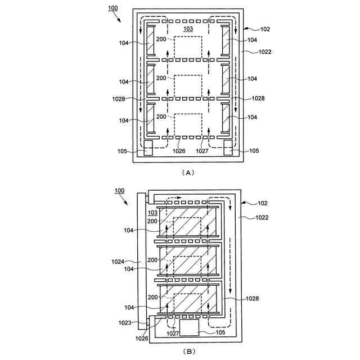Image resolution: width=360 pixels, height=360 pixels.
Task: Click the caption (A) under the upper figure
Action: tap(188, 173)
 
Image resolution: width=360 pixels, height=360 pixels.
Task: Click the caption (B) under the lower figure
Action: tap(188, 352)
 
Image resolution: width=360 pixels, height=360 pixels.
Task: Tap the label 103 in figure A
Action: tap(188, 28)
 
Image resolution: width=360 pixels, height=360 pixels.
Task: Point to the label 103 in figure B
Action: tap(152, 213)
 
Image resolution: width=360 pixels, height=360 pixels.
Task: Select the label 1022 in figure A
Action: tap(264, 52)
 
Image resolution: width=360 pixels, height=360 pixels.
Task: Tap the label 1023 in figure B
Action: tap(124, 323)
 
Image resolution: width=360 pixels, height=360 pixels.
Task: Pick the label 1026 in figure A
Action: tap(179, 151)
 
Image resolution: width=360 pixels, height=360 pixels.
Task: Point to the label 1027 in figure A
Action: tap(202, 151)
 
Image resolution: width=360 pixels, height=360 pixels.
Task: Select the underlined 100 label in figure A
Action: tap(113, 9)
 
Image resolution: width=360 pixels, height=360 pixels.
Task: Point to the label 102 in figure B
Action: tap(262, 203)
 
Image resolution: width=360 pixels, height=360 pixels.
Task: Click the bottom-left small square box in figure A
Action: tap(149, 148)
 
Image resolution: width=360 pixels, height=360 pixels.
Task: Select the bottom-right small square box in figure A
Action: tap(229, 148)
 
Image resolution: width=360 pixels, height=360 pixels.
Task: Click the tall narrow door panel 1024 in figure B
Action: tap(141, 262)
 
